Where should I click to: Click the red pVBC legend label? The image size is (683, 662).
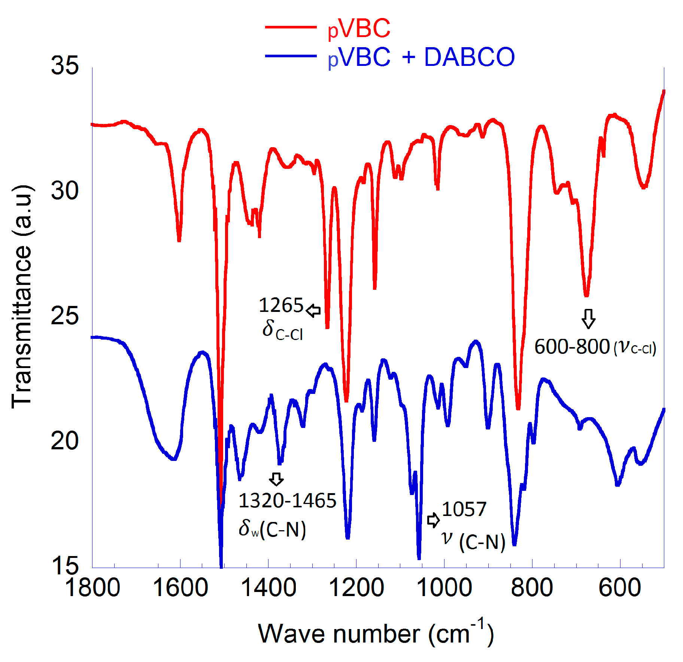(x=359, y=28)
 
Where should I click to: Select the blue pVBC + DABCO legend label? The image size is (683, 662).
(x=421, y=57)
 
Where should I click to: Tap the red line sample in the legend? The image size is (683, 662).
(x=291, y=27)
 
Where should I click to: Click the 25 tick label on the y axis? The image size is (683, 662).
(x=65, y=315)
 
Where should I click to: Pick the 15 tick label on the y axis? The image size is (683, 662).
(x=65, y=565)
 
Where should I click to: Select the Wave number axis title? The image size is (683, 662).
(x=376, y=634)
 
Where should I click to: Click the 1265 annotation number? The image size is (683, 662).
(x=281, y=305)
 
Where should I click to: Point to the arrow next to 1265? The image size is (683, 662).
(x=313, y=310)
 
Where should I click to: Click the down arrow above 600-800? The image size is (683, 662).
(x=588, y=319)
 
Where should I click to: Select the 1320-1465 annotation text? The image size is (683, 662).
(x=287, y=501)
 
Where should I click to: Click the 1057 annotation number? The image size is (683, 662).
(x=464, y=509)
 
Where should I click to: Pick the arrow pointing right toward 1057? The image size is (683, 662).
(x=433, y=520)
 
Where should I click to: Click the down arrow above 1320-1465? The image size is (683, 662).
(x=276, y=479)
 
